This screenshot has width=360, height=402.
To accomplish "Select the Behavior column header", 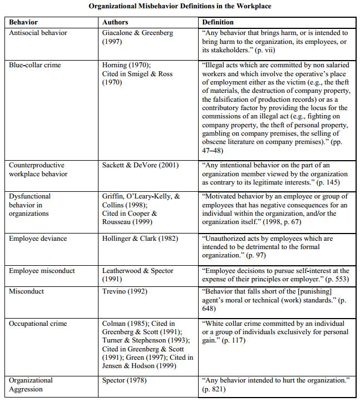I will pyautogui.click(x=23, y=22).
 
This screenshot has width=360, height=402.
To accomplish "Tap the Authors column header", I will pyautogui.click(x=115, y=22).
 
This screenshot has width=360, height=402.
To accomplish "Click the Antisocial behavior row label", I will pyautogui.click(x=38, y=33).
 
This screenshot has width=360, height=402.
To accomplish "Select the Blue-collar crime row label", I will pyautogui.click(x=35, y=65).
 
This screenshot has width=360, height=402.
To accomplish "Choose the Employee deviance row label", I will pyautogui.click(x=38, y=239).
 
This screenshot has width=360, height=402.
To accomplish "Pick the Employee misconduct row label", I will pyautogui.click(x=42, y=271).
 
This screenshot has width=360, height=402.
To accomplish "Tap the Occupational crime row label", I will pyautogui.click(x=38, y=324).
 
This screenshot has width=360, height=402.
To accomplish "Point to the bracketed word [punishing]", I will pyautogui.click(x=311, y=291).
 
